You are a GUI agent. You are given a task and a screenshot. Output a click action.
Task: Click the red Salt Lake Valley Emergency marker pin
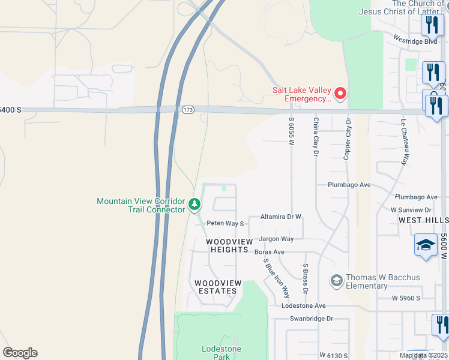click(340, 94)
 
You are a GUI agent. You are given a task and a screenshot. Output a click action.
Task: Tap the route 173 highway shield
click(188, 110)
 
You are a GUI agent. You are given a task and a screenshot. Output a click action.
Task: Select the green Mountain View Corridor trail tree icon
click(194, 205)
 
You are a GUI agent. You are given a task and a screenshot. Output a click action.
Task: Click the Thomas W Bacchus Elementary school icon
click(336, 280)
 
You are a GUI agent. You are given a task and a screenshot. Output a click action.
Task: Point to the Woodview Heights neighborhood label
click(228, 245)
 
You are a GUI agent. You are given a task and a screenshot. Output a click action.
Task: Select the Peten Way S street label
click(225, 223)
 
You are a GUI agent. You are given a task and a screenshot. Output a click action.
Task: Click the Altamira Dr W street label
click(280, 217)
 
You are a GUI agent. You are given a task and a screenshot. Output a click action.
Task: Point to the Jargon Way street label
click(276, 239)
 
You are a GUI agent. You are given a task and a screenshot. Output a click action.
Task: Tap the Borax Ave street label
click(270, 252)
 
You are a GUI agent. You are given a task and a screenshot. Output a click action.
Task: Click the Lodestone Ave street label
click(304, 306)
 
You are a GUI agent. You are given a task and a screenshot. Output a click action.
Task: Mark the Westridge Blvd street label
click(415, 40)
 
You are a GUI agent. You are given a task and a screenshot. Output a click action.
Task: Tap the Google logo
click(20, 353)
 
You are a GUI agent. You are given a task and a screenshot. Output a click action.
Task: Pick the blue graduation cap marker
click(425, 245)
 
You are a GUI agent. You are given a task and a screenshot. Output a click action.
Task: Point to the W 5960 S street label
click(406, 298)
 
